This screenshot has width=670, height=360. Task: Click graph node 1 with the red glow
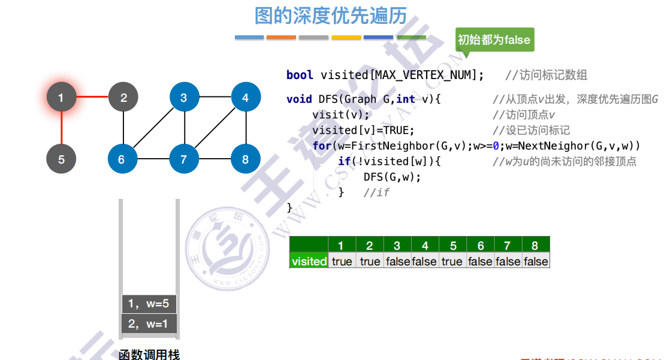click(x=62, y=97)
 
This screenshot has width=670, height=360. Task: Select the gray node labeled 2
click(x=123, y=97)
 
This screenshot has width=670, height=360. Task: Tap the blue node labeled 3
click(x=184, y=97)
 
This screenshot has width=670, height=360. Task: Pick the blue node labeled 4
click(x=246, y=97)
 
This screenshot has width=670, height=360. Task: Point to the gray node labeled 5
click(x=62, y=159)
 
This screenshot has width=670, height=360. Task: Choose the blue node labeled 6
click(x=122, y=159)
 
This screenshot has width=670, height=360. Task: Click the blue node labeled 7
click(x=184, y=159)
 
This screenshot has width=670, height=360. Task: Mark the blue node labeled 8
click(x=246, y=159)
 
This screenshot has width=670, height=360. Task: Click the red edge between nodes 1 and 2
click(x=93, y=97)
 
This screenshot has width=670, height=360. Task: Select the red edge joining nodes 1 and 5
click(x=62, y=128)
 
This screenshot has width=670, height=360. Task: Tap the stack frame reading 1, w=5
click(x=149, y=304)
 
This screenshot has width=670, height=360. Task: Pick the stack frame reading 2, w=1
click(x=149, y=324)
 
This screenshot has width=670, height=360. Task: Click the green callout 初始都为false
click(x=494, y=40)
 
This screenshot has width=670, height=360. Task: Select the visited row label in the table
click(x=309, y=261)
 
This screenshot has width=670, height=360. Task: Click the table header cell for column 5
click(x=453, y=245)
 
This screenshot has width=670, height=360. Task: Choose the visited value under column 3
click(x=397, y=261)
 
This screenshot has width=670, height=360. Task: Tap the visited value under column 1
click(x=342, y=261)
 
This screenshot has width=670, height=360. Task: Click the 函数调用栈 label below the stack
click(x=149, y=355)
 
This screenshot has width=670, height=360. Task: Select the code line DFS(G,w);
click(x=392, y=177)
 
